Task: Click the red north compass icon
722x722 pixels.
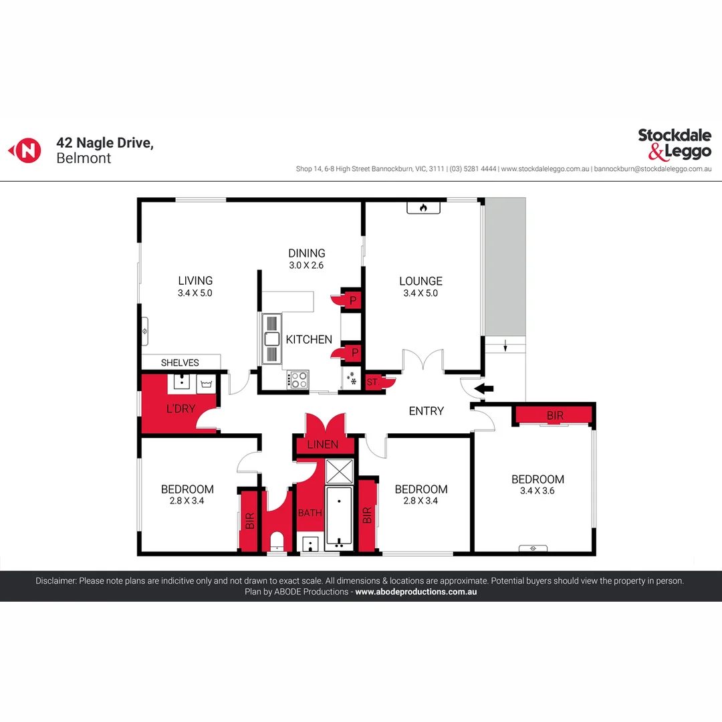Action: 25,150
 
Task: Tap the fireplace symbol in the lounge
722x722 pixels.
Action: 423,208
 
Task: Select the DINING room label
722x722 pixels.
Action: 307,253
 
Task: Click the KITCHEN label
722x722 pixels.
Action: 309,340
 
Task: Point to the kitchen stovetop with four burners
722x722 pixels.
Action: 298,380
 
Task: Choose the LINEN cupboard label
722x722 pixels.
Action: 323,445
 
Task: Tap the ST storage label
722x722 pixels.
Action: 372,382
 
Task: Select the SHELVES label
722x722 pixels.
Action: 180,363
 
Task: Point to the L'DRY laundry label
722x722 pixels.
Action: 180,408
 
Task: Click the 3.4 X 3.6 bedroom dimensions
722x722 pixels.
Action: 537,491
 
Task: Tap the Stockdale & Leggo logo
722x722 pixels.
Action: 674,144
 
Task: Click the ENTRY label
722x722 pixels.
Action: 426,411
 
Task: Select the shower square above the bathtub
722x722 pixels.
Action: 338,472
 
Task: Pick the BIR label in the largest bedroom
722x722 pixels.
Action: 555,415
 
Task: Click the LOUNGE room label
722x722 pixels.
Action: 420,281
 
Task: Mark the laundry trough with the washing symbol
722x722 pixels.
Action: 205,383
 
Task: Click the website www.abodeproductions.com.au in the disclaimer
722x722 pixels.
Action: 416,592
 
